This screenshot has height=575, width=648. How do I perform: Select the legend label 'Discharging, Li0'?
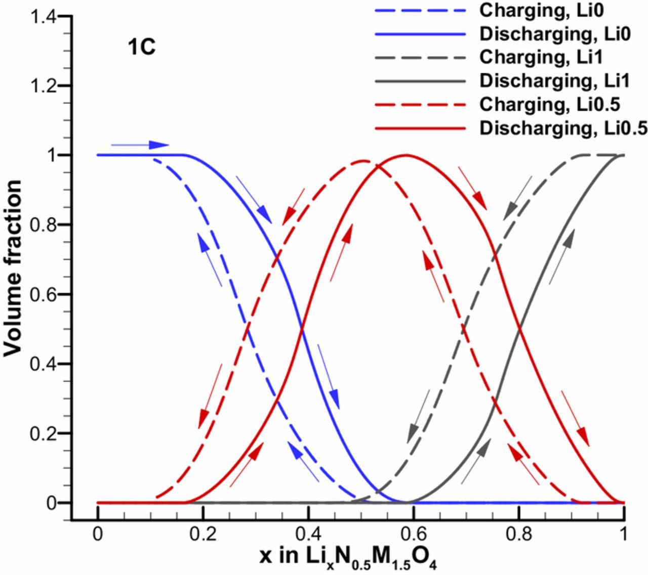(555, 34)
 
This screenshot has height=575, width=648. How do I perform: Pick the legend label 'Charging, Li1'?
(542, 57)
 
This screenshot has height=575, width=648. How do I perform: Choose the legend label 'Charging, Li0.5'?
(550, 104)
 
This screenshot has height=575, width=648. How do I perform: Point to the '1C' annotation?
(141, 49)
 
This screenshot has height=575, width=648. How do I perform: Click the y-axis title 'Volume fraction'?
(14, 268)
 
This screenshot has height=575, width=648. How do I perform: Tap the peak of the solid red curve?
(405, 155)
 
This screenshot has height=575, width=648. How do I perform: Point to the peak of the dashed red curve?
(363, 161)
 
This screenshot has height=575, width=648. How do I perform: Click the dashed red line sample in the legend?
(420, 105)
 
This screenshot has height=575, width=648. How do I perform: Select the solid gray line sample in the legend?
(420, 81)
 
